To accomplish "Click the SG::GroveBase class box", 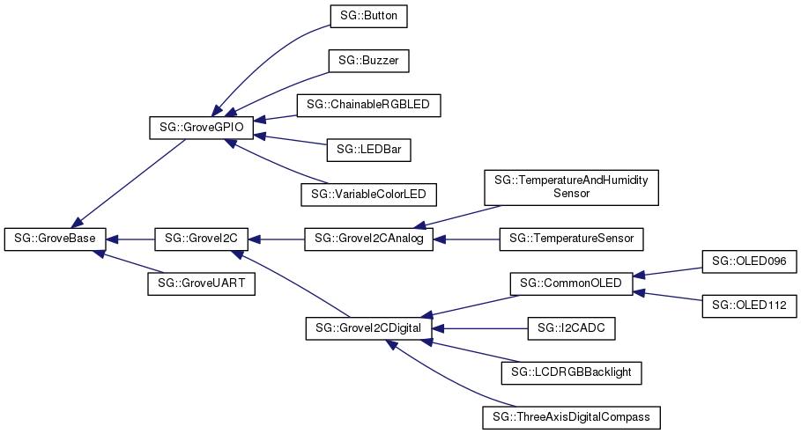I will [x=56, y=238].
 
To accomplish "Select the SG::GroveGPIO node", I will [x=202, y=128].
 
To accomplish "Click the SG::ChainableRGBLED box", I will [x=368, y=105].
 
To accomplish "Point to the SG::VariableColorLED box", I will [x=368, y=193].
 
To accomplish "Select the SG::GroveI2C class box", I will [x=202, y=238].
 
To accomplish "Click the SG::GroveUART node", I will [x=201, y=283].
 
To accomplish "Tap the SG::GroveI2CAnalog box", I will [x=368, y=238].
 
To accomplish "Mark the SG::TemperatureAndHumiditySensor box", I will [x=571, y=187].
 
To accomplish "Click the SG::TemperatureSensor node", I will [x=571, y=238].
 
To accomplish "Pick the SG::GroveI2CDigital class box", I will [x=368, y=328].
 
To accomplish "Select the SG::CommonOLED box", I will [x=571, y=283].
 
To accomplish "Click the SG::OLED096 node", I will [x=749, y=261].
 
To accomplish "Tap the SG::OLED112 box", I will [x=749, y=305].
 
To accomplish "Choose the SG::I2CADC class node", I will [x=571, y=328].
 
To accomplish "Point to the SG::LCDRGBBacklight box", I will [x=571, y=372].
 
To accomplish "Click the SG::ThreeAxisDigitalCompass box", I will [x=571, y=416].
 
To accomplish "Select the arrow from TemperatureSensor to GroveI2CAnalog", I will [x=467, y=238].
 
